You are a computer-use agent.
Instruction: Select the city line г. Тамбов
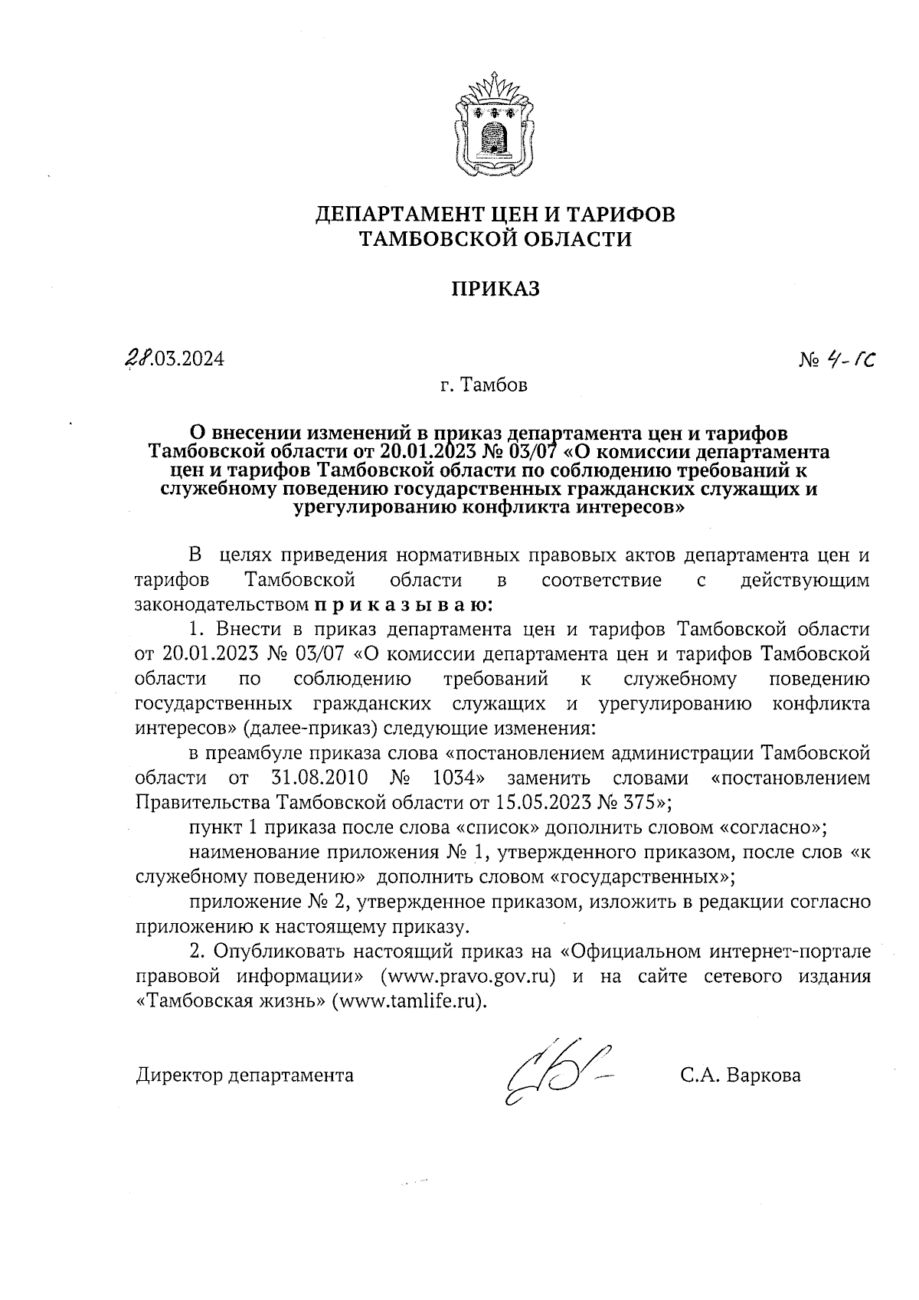(484, 385)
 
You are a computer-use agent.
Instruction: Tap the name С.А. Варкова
(741, 1076)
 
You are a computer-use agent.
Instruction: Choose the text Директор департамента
(245, 1076)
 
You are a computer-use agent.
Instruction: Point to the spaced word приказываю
(403, 604)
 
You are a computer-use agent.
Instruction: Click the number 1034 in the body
(459, 778)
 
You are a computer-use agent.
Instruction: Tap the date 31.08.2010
(320, 778)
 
